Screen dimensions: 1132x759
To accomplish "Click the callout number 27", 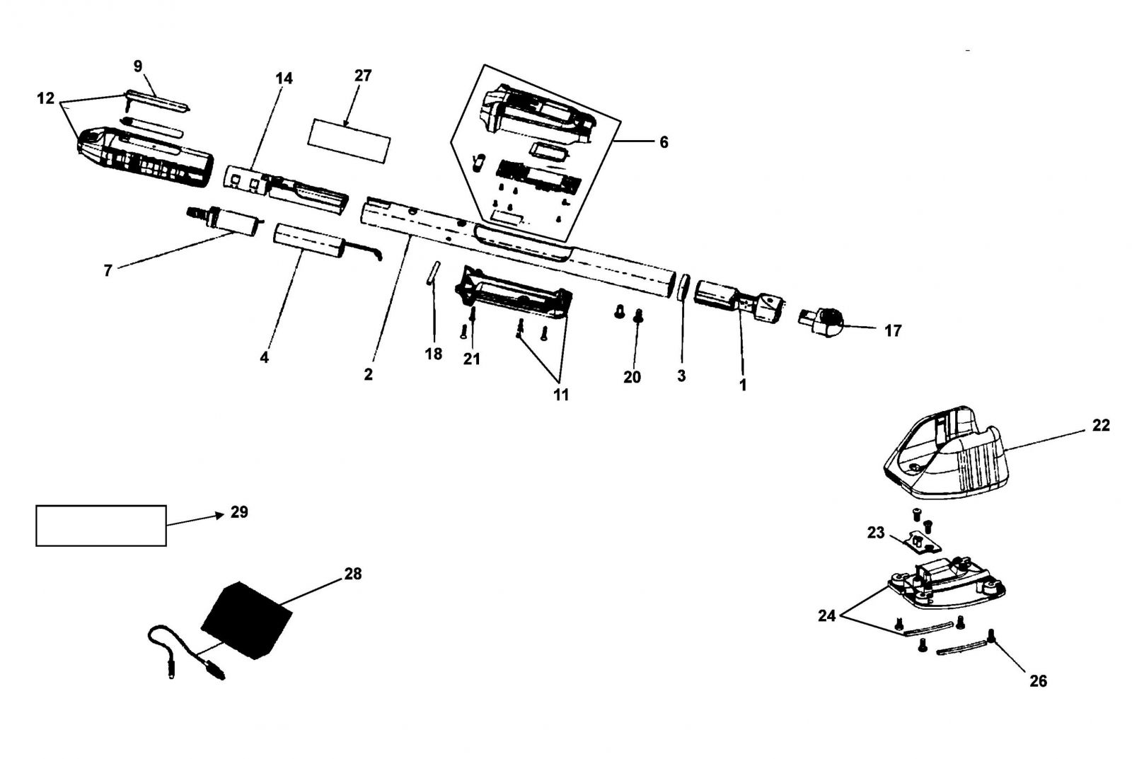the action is [x=363, y=75].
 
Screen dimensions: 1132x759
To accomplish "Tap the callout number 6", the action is [x=664, y=142].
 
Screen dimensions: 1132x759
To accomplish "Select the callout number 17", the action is [x=892, y=330].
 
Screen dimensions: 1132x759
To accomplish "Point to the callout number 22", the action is [x=1101, y=426].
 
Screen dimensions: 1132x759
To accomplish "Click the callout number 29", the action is [x=239, y=512].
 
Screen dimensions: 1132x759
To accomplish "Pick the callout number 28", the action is [x=353, y=574].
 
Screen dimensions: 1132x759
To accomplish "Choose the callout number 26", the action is [x=1039, y=681].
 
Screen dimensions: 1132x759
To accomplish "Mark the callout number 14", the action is [x=284, y=79].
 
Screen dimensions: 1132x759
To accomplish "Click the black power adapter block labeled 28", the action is [x=247, y=620].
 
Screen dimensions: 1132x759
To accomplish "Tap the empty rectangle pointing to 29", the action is [x=101, y=526].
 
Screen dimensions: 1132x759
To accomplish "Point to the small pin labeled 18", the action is [x=434, y=273].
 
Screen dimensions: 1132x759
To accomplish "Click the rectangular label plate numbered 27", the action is [x=350, y=141].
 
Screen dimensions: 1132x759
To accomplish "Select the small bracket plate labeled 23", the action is [x=923, y=541].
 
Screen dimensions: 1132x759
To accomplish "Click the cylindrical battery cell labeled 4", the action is [x=309, y=241].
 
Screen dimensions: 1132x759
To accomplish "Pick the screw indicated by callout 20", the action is [x=637, y=315].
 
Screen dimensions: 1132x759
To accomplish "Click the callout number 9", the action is [x=138, y=66].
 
